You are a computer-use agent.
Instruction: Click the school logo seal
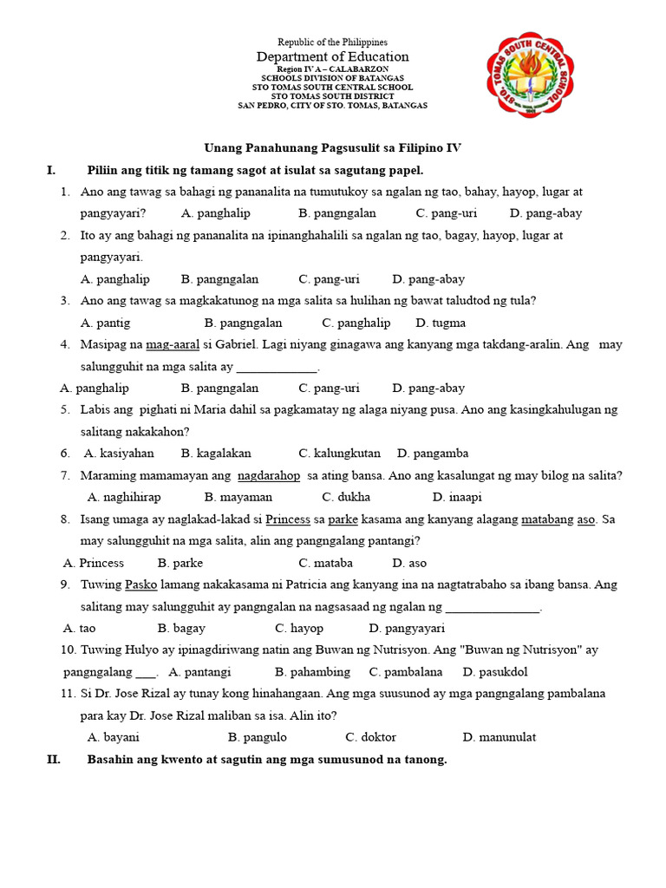point(530,79)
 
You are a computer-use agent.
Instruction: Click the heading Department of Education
point(332,56)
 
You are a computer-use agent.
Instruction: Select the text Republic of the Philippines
point(332,42)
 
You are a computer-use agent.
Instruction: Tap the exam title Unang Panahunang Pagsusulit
point(332,148)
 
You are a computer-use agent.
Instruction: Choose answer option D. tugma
point(441,323)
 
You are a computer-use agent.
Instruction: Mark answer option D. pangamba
point(433,454)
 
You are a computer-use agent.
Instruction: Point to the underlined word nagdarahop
point(269,475)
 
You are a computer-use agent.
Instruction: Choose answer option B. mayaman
point(238,497)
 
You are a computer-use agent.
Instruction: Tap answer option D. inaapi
point(457,497)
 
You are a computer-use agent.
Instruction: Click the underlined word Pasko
point(140,584)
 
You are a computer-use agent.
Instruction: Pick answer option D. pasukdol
point(495,672)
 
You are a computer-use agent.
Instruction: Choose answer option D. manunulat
point(499,737)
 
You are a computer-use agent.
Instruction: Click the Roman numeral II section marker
point(53,760)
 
